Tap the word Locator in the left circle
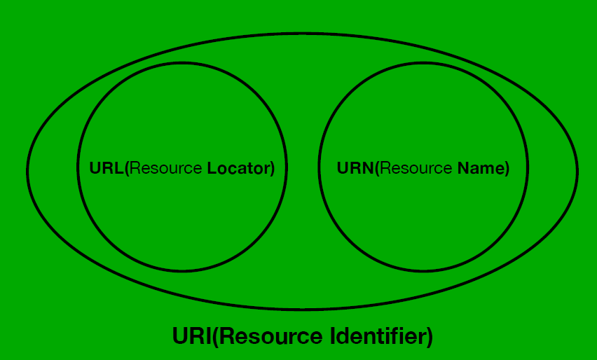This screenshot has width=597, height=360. pos(237,169)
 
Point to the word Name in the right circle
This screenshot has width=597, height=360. pos(479,169)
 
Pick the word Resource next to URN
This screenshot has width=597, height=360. pos(416,169)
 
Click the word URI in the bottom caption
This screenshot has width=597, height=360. pos(191,336)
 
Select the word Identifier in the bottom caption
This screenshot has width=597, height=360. pos(377,336)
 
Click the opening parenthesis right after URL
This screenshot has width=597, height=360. pos(127,169)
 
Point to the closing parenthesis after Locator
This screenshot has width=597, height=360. pos(273,169)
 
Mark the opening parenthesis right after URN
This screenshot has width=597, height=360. pos(377,169)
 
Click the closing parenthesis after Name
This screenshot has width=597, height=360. pos(507,169)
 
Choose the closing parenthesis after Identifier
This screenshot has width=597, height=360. pos(430,336)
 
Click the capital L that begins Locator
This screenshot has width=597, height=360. pos(211,169)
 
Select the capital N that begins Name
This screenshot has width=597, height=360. pos(462,169)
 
